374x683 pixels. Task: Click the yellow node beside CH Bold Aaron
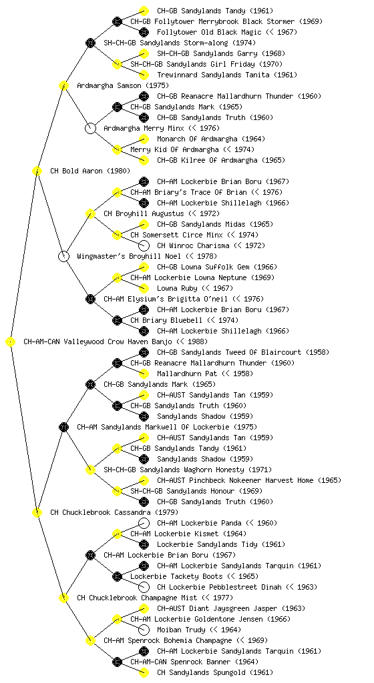click(37, 171)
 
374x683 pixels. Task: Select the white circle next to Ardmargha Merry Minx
click(90, 128)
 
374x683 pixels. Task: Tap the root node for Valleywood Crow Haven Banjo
click(11, 341)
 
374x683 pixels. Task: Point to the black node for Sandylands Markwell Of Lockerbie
click(63, 427)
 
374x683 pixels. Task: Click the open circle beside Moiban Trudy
click(144, 630)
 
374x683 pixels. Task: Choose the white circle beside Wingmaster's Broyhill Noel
click(63, 256)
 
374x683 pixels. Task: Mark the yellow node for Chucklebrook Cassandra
click(37, 512)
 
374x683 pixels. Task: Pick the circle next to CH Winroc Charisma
click(144, 245)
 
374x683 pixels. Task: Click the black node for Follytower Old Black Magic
click(144, 32)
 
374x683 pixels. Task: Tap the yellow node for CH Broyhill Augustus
click(90, 213)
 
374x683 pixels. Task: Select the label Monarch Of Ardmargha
click(197, 139)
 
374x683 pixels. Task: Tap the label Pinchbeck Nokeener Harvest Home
click(251, 480)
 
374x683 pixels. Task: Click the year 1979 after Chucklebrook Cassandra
click(166, 512)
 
